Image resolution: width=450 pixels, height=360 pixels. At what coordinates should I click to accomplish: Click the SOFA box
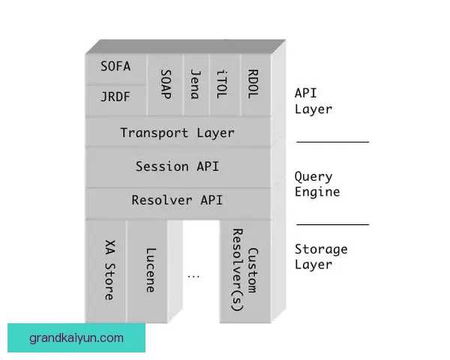pyautogui.click(x=115, y=67)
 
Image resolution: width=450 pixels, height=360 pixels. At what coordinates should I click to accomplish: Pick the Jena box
pyautogui.click(x=195, y=84)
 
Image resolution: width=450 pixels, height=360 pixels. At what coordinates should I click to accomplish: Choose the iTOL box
pyautogui.click(x=223, y=84)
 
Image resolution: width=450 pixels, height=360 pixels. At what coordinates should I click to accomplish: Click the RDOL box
pyautogui.click(x=253, y=84)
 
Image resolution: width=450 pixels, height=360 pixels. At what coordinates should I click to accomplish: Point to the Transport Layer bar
pyautogui.click(x=177, y=133)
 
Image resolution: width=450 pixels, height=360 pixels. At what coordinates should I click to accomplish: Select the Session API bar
pyautogui.click(x=177, y=166)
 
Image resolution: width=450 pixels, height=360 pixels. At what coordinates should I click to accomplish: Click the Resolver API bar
pyautogui.click(x=177, y=200)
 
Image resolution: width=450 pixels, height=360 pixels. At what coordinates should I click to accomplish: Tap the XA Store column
pyautogui.click(x=109, y=270)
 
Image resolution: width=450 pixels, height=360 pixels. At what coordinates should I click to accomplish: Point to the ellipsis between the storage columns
pyautogui.click(x=193, y=275)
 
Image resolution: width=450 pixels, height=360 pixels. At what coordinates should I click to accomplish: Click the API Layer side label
pyautogui.click(x=313, y=100)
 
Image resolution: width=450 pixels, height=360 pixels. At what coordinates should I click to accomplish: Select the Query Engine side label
pyautogui.click(x=316, y=184)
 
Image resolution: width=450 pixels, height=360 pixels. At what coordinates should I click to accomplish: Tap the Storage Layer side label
pyautogui.click(x=321, y=256)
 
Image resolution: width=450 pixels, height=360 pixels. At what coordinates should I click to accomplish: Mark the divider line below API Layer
pyautogui.click(x=332, y=141)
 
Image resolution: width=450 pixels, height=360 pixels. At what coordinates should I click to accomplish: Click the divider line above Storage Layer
pyautogui.click(x=332, y=223)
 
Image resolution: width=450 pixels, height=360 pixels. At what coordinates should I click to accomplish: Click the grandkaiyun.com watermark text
pyautogui.click(x=76, y=338)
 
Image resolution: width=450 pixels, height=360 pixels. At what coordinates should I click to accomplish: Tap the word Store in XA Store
pyautogui.click(x=109, y=281)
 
